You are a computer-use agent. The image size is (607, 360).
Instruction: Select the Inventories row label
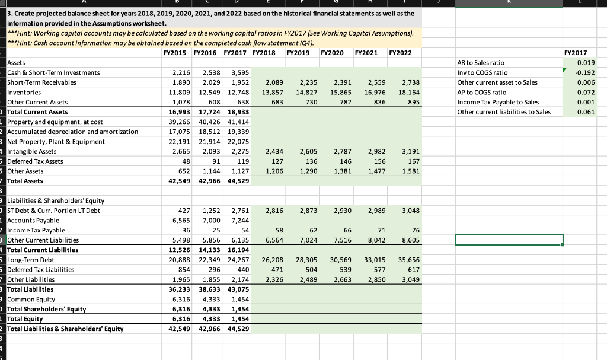pos(24,93)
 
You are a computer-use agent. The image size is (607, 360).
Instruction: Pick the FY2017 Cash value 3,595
pos(238,72)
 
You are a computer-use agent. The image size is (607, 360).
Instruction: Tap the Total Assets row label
pos(24,181)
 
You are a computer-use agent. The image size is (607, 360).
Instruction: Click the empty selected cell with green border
pos(509,240)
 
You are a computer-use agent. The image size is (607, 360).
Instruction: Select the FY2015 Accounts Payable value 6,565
pos(180,220)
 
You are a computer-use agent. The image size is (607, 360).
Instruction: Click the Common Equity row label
pos(31,300)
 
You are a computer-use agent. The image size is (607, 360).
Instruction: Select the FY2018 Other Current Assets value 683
pos(275,102)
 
